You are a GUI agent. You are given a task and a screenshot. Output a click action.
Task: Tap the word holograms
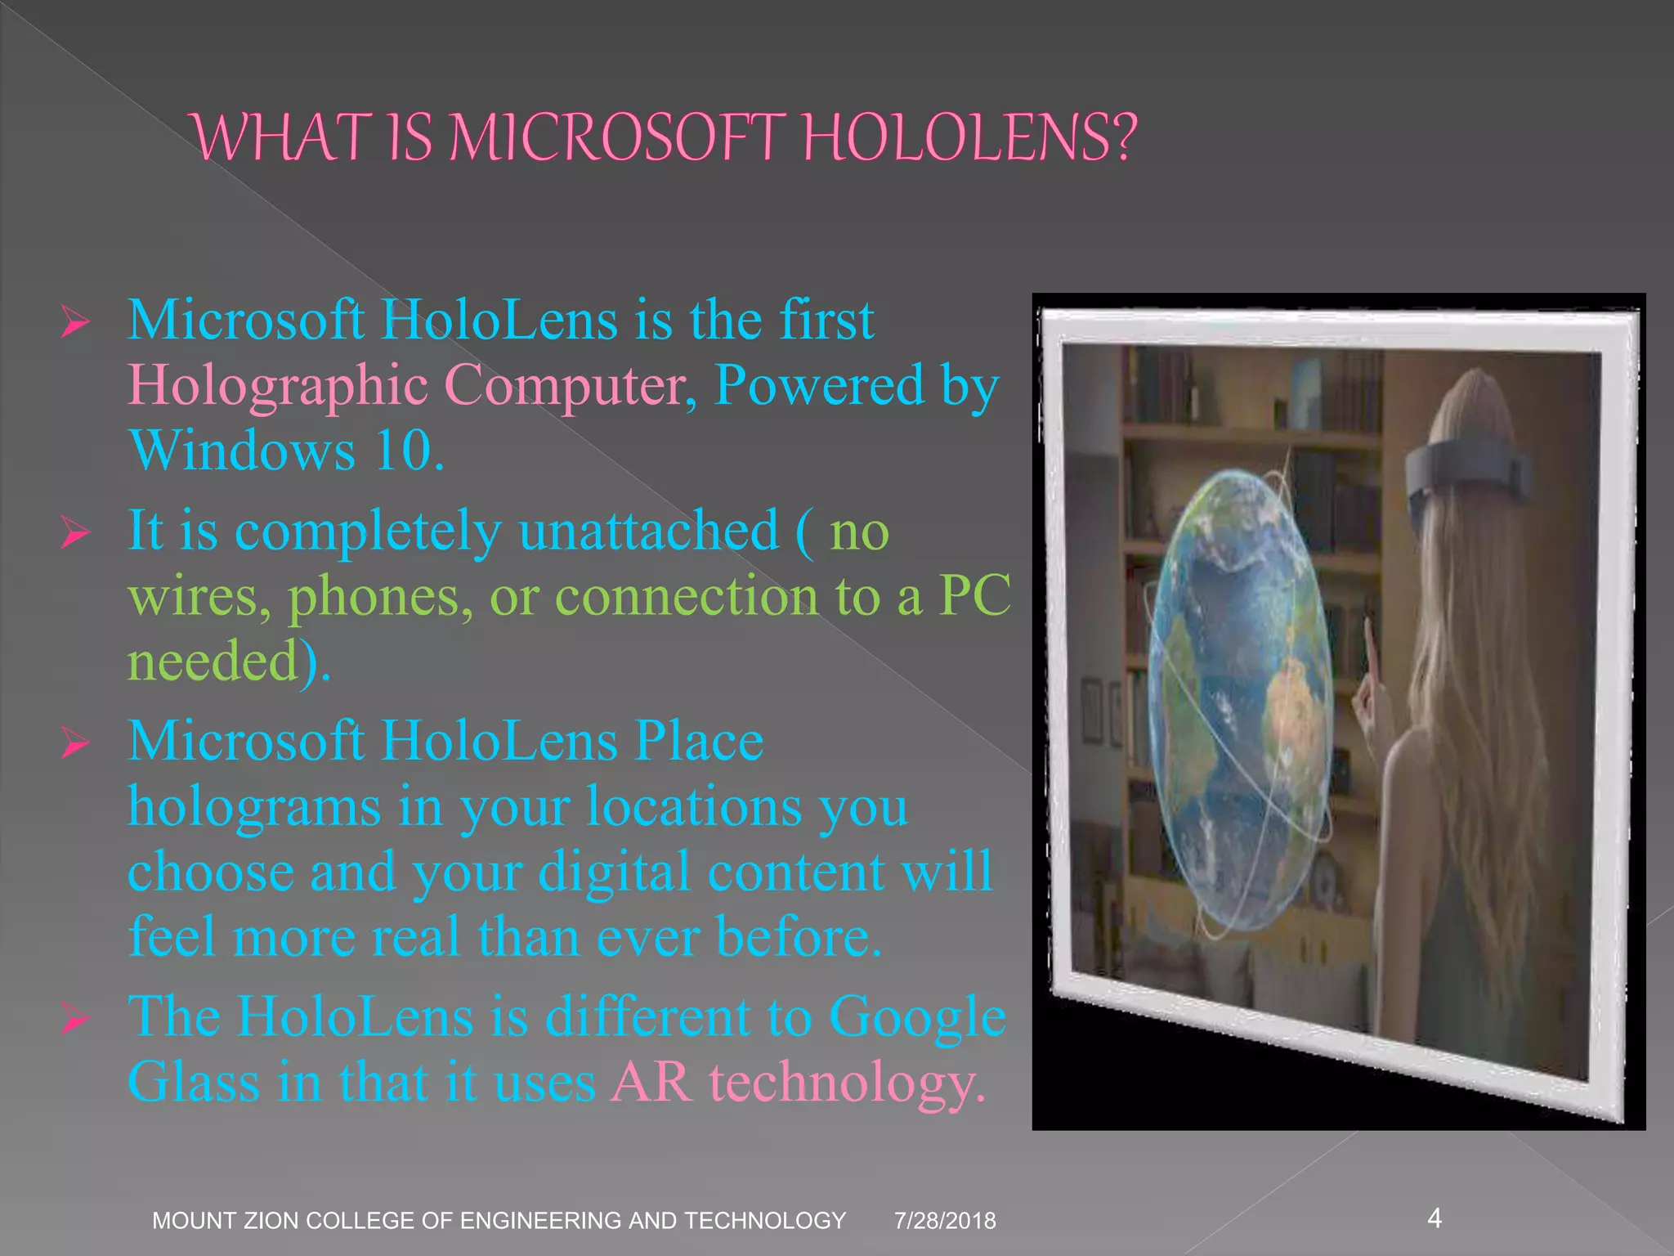coord(254,808)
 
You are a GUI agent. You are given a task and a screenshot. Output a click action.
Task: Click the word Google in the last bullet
coord(917,1018)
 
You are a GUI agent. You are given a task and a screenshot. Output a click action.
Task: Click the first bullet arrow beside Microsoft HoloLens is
coord(74,323)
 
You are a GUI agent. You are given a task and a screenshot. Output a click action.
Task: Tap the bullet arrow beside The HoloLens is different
coord(74,1020)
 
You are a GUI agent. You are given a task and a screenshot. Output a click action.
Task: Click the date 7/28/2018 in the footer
coord(945,1221)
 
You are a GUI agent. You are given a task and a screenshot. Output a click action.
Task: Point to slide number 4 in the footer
coord(1435,1218)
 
